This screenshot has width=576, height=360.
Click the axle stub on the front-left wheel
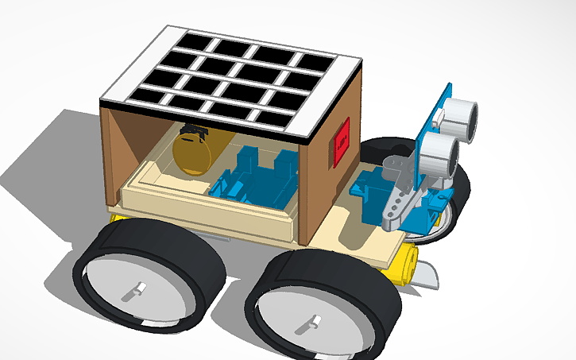pyautogui.click(x=137, y=291)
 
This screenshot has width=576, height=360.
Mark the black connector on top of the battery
pyautogui.click(x=193, y=130)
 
